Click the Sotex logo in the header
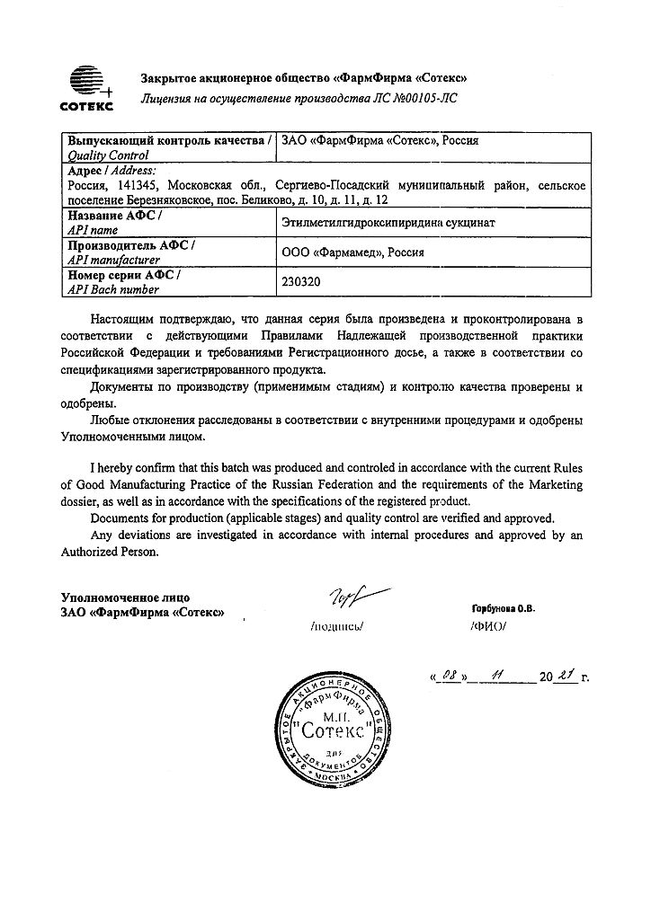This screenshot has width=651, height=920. pos(85,88)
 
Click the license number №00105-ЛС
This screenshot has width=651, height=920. pos(423,98)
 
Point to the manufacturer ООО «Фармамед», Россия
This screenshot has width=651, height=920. pos(353,252)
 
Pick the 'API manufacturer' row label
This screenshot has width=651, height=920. pos(114,259)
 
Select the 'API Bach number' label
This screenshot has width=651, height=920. pos(114,289)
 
